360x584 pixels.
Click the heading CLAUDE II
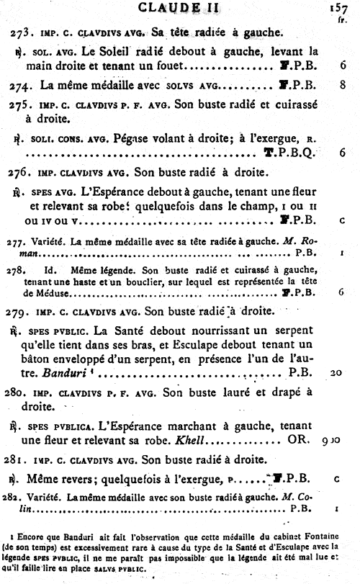coord(179,8)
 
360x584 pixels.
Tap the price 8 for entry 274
coord(343,85)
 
